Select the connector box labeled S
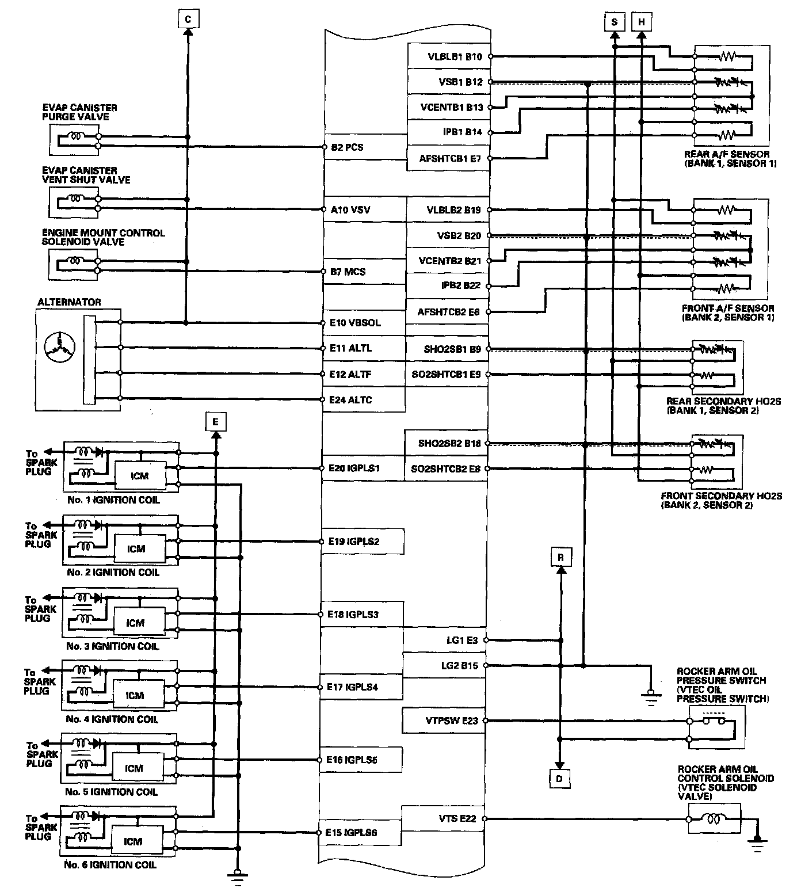615,22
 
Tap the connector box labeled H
642,22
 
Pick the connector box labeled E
215,422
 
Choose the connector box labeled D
559,779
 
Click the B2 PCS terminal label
347,147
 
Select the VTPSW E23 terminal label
452,721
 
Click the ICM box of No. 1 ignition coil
140,476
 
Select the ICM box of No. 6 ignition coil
133,841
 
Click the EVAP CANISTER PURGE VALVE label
79,112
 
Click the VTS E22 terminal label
457,818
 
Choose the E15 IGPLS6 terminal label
354,832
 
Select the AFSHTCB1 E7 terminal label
450,158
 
